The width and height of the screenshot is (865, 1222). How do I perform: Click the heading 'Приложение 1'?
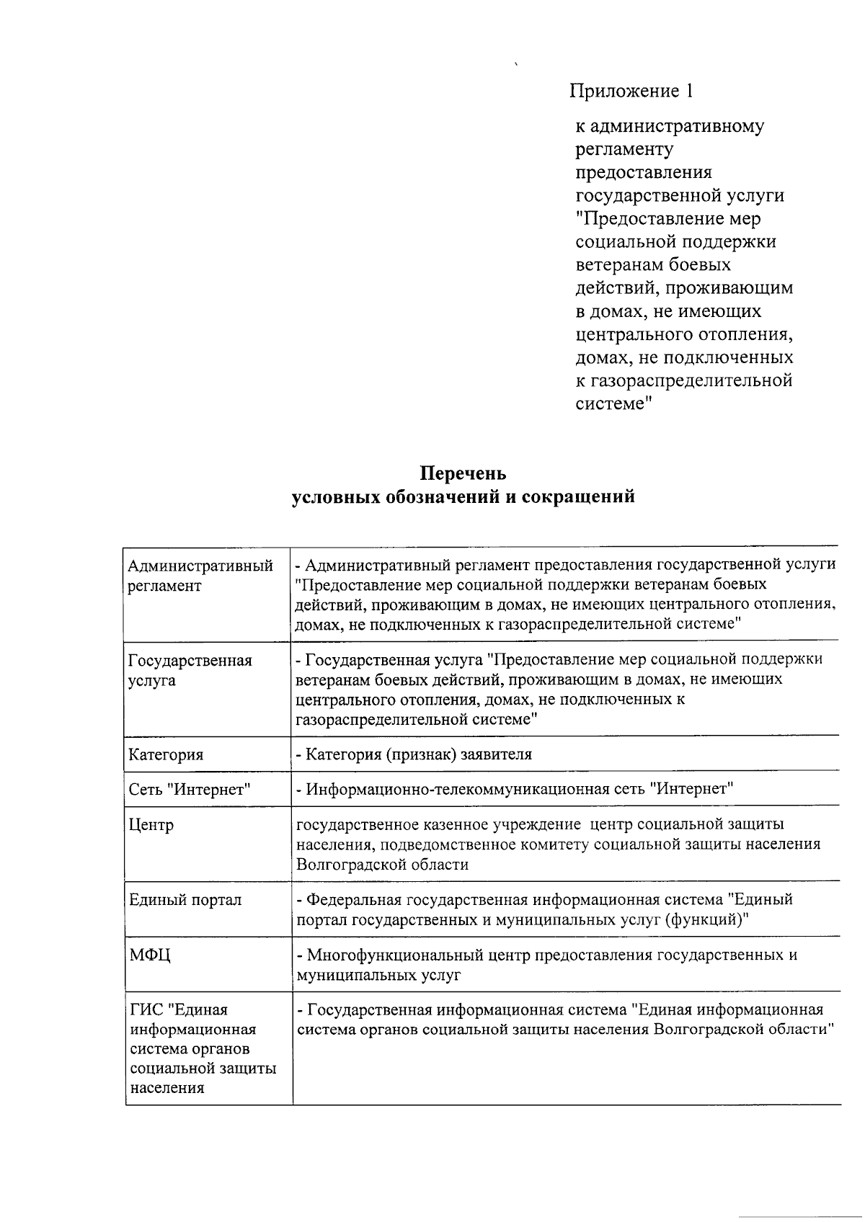631,92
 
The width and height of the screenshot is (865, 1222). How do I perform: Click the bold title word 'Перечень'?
463,473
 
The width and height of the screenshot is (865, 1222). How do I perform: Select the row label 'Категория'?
166,755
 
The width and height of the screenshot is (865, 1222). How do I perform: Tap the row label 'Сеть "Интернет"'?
189,790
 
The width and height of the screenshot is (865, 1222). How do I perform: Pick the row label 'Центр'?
151,824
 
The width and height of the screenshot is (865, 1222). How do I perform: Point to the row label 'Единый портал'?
185,900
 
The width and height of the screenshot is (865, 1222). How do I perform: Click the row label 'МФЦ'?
150,955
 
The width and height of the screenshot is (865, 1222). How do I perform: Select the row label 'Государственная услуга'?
190,670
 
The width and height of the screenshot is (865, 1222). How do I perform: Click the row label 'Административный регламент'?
200,576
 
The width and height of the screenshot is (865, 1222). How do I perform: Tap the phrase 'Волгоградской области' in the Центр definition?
382,865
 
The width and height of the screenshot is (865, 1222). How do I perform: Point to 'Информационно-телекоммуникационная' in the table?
452,789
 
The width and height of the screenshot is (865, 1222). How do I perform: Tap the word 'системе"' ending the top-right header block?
614,404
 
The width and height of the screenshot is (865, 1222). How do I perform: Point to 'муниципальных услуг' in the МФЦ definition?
378,976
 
